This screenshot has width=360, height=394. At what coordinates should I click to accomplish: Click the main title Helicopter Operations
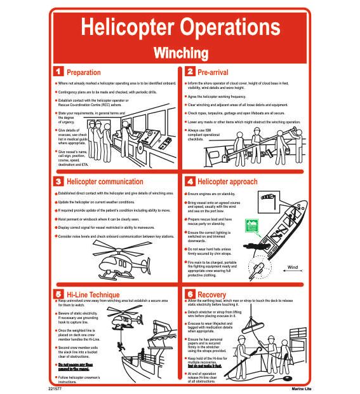click(x=180, y=27)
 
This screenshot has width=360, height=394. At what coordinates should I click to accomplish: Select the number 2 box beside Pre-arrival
click(x=189, y=72)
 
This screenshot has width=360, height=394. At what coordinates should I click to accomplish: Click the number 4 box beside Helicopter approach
click(x=189, y=181)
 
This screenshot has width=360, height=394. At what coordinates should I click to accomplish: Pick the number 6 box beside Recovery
click(x=189, y=294)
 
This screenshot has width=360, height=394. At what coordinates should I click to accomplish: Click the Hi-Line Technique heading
click(x=93, y=294)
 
